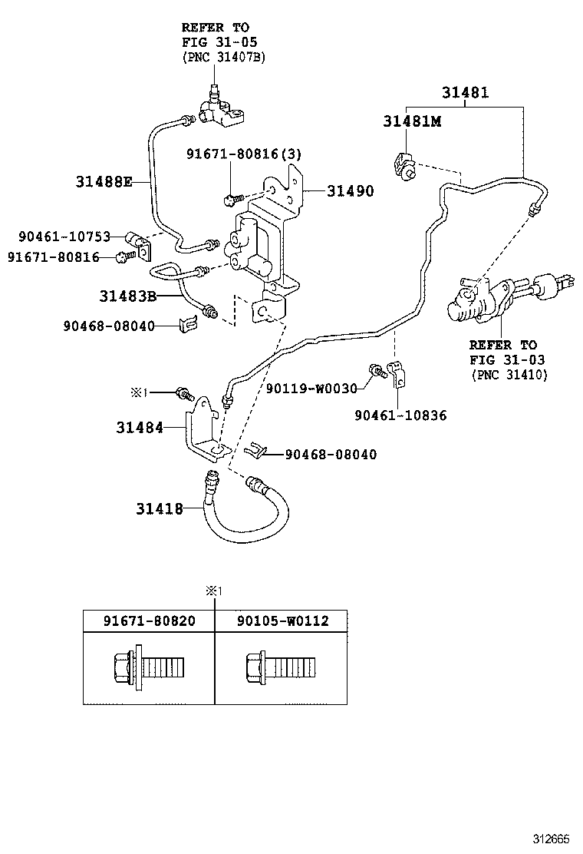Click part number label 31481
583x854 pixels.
pos(465,93)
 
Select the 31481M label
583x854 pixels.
pos(412,122)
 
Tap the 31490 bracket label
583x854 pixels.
pos(351,191)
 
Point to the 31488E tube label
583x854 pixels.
pos(104,182)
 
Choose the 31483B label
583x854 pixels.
pos(127,296)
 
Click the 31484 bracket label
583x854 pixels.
pos(140,428)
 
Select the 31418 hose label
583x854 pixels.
pos(160,508)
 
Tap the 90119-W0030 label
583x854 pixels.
pos(311,389)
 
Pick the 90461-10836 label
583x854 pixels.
pos(400,415)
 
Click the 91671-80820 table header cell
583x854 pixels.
pos(149,621)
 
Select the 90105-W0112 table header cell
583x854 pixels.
pos(282,621)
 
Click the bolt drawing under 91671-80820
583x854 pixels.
pos(149,666)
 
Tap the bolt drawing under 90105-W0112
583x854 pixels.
pos(280,666)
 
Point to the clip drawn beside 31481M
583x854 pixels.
pos(404,164)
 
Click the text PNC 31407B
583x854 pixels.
pos(223,57)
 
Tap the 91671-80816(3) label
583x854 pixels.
pos(243,154)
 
